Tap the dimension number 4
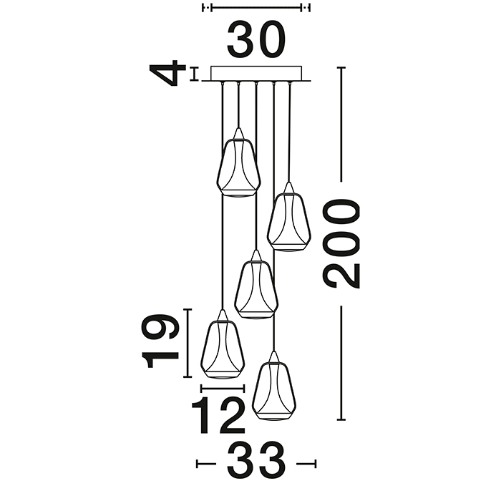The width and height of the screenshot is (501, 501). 167,73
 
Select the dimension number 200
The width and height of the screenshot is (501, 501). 341,243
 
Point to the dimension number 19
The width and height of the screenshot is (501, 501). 160,341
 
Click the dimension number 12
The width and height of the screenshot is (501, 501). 218,416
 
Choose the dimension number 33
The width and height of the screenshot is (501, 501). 256,463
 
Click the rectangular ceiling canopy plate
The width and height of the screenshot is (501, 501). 256,74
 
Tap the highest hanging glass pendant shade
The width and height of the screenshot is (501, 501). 238,163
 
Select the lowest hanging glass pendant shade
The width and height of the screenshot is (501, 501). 274,386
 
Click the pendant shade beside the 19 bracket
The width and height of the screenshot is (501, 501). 223,344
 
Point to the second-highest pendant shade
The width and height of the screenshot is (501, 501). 289,218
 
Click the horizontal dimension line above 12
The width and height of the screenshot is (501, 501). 223,389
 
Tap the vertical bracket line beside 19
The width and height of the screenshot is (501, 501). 188,343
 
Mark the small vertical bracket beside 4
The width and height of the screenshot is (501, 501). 194,74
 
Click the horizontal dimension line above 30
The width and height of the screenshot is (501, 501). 256,8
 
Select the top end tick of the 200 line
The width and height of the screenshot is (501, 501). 341,68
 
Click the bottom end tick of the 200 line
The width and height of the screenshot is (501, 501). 341,419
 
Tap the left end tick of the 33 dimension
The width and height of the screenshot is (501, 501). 197,464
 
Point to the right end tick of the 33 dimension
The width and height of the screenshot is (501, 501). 316,464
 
